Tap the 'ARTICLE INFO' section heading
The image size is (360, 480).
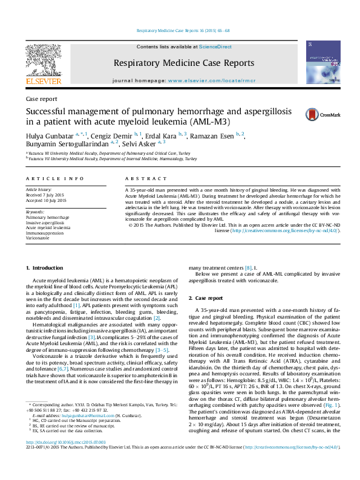point(55,179)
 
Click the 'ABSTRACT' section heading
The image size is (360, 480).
point(141,179)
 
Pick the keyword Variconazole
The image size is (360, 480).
point(40,238)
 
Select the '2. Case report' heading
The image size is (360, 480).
point(206,298)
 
